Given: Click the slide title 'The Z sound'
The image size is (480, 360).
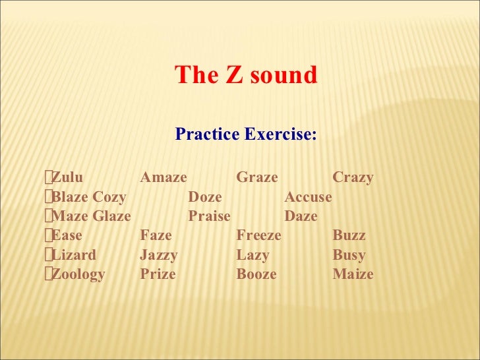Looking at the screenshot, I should [x=246, y=76].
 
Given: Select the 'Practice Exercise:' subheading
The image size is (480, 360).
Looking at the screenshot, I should [x=246, y=135].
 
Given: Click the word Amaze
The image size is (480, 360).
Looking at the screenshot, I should [x=164, y=177].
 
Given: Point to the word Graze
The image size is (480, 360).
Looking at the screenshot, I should [x=256, y=177].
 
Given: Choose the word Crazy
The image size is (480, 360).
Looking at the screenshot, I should [x=353, y=177].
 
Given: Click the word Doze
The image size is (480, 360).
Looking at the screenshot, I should [x=205, y=197].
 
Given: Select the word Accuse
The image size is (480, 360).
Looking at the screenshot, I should [x=308, y=197].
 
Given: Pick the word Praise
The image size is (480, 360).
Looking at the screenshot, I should [x=209, y=216].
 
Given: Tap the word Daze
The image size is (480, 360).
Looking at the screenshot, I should [x=301, y=216].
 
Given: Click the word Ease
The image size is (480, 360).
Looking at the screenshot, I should [x=67, y=235].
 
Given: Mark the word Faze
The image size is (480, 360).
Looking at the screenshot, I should [x=156, y=235].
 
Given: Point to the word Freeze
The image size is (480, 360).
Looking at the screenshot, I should [x=258, y=235].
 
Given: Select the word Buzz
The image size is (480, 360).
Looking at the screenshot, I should [x=349, y=235].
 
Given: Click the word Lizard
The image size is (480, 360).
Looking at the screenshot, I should [x=74, y=255].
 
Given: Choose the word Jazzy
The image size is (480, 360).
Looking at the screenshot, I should [x=159, y=255].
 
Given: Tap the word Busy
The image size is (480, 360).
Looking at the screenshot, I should [x=349, y=255].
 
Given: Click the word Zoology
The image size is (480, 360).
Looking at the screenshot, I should [x=78, y=274].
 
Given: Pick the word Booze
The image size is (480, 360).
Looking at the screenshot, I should [x=256, y=274].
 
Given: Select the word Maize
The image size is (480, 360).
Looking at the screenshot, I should [x=353, y=274].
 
